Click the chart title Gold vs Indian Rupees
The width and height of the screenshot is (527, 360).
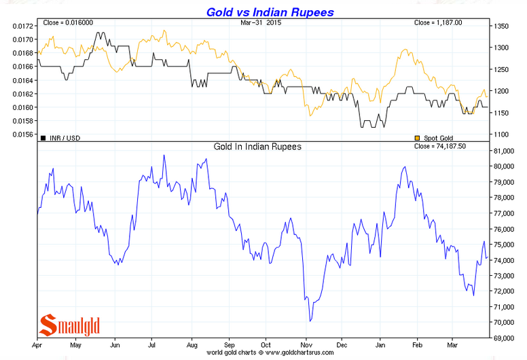click(x=270, y=12)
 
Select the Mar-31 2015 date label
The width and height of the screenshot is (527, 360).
click(x=261, y=23)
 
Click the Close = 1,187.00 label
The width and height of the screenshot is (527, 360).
click(x=438, y=23)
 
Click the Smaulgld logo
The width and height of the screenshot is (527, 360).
click(x=71, y=325)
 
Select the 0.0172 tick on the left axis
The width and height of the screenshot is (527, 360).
click(x=22, y=26)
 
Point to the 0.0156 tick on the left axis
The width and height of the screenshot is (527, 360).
click(x=22, y=134)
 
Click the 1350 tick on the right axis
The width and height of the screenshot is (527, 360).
click(x=502, y=26)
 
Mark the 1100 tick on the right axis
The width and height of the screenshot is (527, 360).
click(x=502, y=134)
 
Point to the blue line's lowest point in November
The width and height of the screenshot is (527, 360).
click(x=310, y=321)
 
